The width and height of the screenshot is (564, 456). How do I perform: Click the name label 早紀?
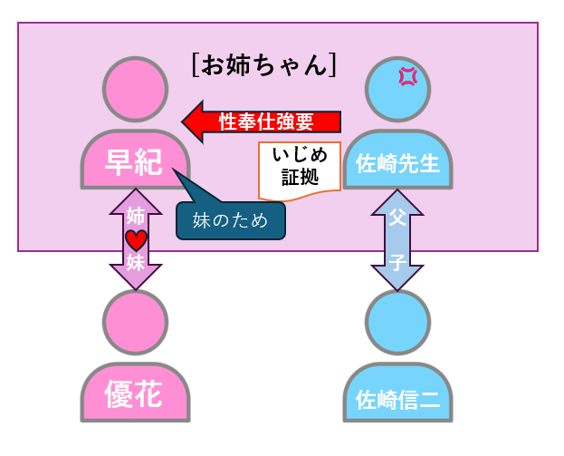pos(135,162)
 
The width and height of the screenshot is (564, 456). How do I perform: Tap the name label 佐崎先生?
pos(397,163)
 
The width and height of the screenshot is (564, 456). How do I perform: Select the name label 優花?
pos(135,396)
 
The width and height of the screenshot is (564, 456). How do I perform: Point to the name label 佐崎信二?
pos(397,399)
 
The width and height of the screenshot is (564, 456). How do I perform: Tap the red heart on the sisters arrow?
pos(136,240)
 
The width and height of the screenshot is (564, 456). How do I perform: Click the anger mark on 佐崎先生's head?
pos(407,77)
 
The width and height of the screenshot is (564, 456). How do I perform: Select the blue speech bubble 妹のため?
pos(230,220)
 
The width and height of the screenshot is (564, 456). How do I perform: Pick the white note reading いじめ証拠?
pos(300,168)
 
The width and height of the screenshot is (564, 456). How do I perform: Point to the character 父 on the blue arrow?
pos(397,220)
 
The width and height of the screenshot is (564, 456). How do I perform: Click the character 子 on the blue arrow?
pos(397,262)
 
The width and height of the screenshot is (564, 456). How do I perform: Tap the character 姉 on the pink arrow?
pos(136,217)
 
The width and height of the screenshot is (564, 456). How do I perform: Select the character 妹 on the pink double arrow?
pos(136,263)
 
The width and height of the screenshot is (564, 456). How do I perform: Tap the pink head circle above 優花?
pos(135,322)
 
